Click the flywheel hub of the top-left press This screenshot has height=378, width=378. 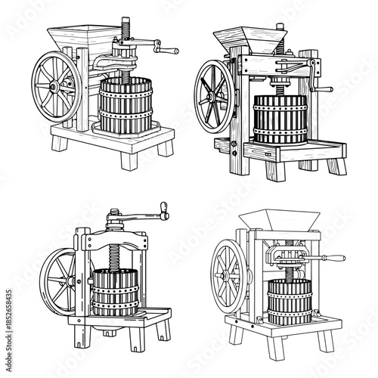pos(57,87)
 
